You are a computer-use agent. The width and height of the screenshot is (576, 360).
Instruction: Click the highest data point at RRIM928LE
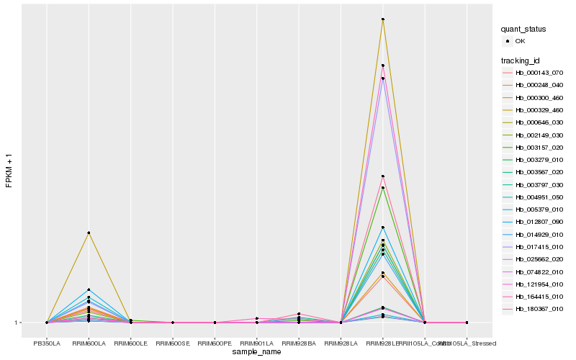(383, 19)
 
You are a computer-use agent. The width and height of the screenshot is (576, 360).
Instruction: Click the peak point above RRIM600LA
(89, 233)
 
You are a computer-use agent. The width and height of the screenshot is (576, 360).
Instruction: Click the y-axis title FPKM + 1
(9, 171)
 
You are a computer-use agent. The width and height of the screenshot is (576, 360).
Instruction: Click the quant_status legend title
(523, 29)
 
